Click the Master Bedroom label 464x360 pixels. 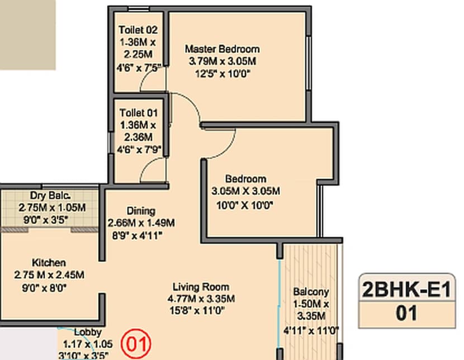pos(222,49)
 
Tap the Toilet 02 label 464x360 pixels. pos(138,30)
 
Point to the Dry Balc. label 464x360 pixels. pos(50,196)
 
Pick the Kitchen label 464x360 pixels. pos(49,263)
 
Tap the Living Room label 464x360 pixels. pos(203,287)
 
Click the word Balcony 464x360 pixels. pos(311,292)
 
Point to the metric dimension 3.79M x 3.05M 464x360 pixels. pos(222,61)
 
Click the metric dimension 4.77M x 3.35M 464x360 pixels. pos(203,299)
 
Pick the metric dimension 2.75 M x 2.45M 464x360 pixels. pos(49,274)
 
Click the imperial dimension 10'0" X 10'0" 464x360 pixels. pos(245,205)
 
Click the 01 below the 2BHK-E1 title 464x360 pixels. pos(407,313)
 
